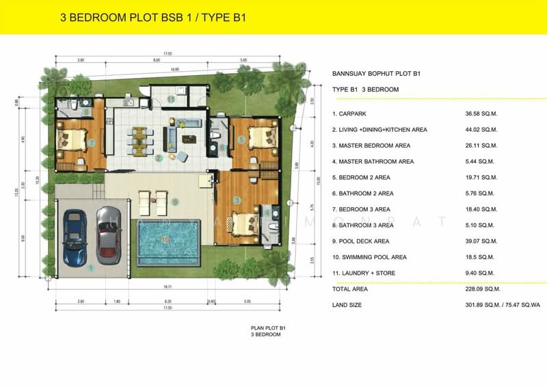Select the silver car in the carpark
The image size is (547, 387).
tap(108, 235)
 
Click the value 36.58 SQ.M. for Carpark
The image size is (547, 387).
tap(480, 114)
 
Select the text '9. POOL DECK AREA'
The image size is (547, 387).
tap(360, 241)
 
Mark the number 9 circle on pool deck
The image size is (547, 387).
tap(175, 202)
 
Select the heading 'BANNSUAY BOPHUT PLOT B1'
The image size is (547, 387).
tap(375, 73)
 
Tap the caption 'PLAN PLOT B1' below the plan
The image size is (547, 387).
tap(267, 329)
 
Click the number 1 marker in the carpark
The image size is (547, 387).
tap(90, 268)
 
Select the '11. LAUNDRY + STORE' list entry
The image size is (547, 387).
tap(363, 273)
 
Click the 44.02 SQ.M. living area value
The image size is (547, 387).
tap(480, 129)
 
